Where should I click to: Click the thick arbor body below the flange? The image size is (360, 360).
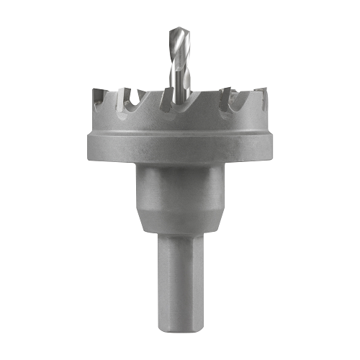coord(179,191)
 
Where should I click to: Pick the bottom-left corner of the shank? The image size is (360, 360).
coord(158,321)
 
